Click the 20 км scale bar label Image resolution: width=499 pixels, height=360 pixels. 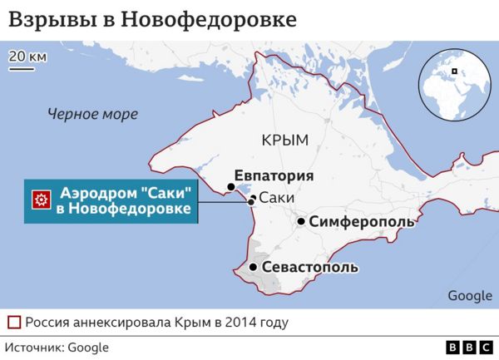(x=27, y=57)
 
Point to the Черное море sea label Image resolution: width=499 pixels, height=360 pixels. (x=93, y=114)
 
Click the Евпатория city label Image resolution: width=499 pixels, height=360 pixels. (x=274, y=175)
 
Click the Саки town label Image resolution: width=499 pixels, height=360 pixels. (x=275, y=198)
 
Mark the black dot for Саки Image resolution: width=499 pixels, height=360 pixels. (x=251, y=200)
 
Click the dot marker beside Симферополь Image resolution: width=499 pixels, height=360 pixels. (x=301, y=222)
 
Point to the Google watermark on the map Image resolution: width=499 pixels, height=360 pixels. (x=470, y=295)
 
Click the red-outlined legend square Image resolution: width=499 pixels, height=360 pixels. (x=14, y=322)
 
